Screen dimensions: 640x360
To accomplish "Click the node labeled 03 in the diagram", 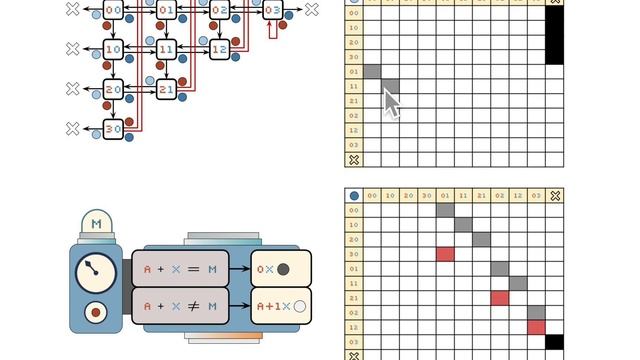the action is [x=272, y=11].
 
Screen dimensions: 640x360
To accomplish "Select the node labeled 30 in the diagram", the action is [x=113, y=129].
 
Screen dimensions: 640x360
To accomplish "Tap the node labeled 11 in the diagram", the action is [x=166, y=49].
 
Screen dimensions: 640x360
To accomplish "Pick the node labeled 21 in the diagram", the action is [x=166, y=89].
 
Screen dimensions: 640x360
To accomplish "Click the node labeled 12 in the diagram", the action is [x=219, y=49].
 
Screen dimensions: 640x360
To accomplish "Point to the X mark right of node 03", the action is [x=311, y=10].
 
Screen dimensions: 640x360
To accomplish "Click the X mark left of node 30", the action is [x=72, y=129].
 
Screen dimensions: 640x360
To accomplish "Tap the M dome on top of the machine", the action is [x=96, y=224].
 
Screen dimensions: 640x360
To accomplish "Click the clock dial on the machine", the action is [x=95, y=270].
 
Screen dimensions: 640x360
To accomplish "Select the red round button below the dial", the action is [x=96, y=312].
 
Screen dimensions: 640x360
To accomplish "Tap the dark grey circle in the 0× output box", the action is [x=283, y=269].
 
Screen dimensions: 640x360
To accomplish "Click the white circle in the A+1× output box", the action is [x=298, y=306].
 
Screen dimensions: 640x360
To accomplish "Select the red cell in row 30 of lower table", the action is [x=445, y=254].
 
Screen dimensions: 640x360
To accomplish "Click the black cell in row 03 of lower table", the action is [x=555, y=341].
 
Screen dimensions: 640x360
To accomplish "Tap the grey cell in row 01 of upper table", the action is [x=372, y=72].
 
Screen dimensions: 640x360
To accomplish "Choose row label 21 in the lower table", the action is [x=353, y=298].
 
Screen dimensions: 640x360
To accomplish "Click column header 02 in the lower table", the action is [x=500, y=196].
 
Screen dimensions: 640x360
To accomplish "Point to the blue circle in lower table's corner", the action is [x=353, y=196].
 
